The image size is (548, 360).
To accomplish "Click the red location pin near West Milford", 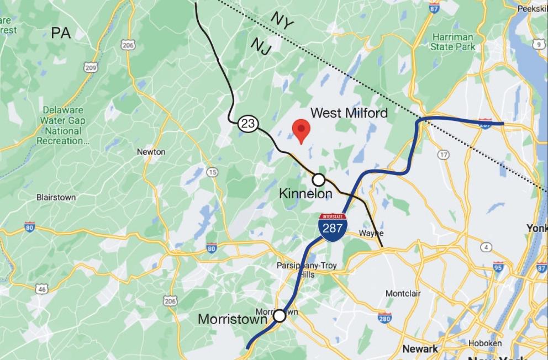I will click(x=301, y=130).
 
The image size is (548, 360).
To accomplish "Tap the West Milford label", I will click(x=349, y=113).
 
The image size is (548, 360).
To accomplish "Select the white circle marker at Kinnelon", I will click(x=319, y=179).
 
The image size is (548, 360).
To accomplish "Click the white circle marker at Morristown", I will click(x=280, y=315).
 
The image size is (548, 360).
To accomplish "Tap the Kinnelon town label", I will click(x=305, y=194).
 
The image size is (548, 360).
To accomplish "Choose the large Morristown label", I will click(x=232, y=319).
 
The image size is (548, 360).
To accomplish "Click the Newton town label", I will click(x=151, y=152).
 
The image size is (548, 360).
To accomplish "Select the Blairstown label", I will click(x=56, y=197).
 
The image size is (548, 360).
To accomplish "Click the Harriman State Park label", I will click(x=454, y=42).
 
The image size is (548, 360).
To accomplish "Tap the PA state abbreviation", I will click(x=61, y=33).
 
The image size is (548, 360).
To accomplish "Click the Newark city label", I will click(x=420, y=348).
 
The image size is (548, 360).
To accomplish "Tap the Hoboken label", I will click(x=484, y=343).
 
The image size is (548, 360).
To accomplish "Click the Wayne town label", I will click(x=371, y=233).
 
